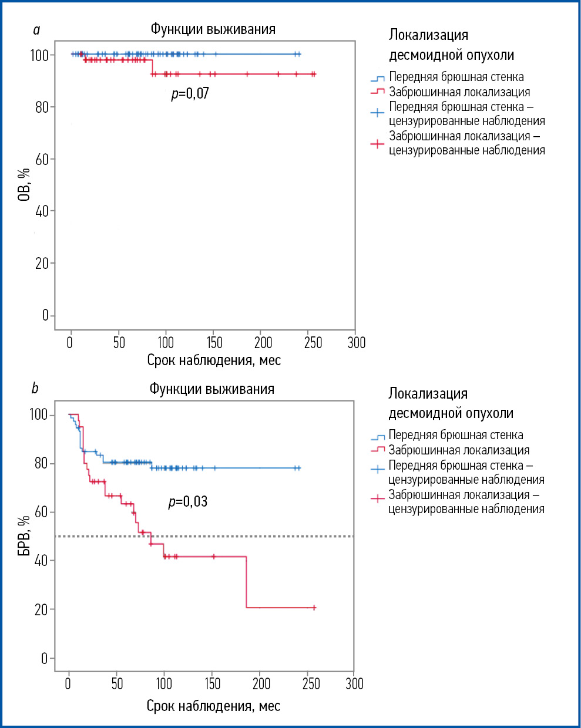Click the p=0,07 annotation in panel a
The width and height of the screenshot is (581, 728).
point(190,93)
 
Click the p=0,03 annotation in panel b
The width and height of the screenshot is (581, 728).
point(188,501)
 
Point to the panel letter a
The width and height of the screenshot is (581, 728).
point(36,30)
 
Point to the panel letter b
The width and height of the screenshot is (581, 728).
point(35,388)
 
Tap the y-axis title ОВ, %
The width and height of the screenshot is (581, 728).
point(24,184)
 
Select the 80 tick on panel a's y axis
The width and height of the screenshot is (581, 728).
point(41,107)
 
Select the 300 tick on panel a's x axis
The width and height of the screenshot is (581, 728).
point(356,342)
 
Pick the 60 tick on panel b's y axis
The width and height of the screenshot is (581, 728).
point(41,512)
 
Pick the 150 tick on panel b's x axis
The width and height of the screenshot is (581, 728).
point(213,683)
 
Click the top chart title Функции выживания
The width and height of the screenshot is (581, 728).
point(213,29)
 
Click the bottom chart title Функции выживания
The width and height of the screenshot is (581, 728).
point(211,389)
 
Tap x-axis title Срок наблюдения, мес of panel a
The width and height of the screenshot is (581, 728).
point(214,360)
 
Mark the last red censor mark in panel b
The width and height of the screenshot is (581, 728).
point(314,608)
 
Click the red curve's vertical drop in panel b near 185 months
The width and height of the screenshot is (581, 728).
point(246,581)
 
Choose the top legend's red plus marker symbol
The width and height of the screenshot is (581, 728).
point(377,143)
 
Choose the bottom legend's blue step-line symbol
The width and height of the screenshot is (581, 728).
point(377,436)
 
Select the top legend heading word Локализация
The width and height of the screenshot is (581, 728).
point(428,35)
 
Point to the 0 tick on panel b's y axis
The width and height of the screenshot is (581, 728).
point(44,658)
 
